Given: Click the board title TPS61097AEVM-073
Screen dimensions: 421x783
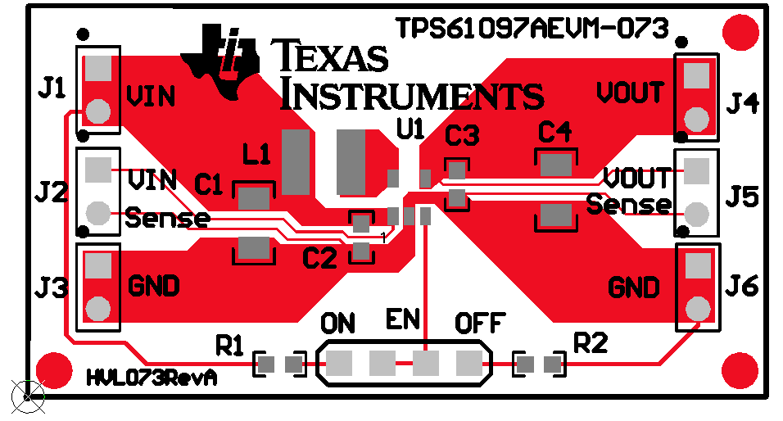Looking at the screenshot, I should (532, 28).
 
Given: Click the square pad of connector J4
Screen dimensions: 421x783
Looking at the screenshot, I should (696, 75).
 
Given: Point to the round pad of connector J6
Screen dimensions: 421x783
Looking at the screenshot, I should (697, 308).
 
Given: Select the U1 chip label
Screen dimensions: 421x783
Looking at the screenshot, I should (410, 129).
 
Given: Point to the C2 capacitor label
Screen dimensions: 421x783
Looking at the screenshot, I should (319, 259).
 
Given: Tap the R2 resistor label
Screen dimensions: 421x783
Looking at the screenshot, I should (591, 342).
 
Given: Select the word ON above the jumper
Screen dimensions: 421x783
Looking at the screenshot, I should (338, 323).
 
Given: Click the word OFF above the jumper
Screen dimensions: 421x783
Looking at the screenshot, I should (481, 323).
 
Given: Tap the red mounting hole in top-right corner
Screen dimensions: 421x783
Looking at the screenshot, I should (742, 31).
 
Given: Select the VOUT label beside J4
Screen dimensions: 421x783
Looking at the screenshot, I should (630, 93).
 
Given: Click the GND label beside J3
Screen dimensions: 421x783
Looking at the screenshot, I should (154, 287).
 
